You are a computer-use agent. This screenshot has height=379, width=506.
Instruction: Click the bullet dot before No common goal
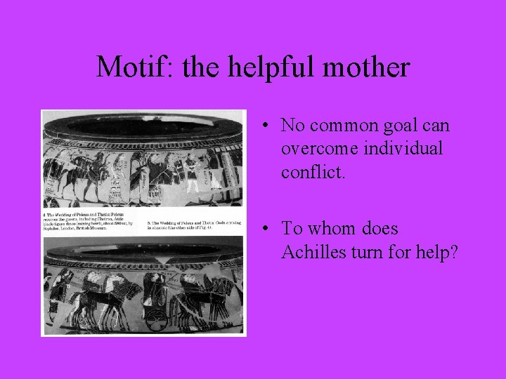coord(261,127)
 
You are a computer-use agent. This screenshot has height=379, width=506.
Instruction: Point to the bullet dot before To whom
coord(261,230)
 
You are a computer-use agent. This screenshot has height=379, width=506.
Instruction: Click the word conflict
coord(313,171)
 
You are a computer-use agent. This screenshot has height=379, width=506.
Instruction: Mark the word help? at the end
coord(436,251)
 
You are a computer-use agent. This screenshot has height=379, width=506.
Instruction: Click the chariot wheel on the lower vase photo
coord(156,319)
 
